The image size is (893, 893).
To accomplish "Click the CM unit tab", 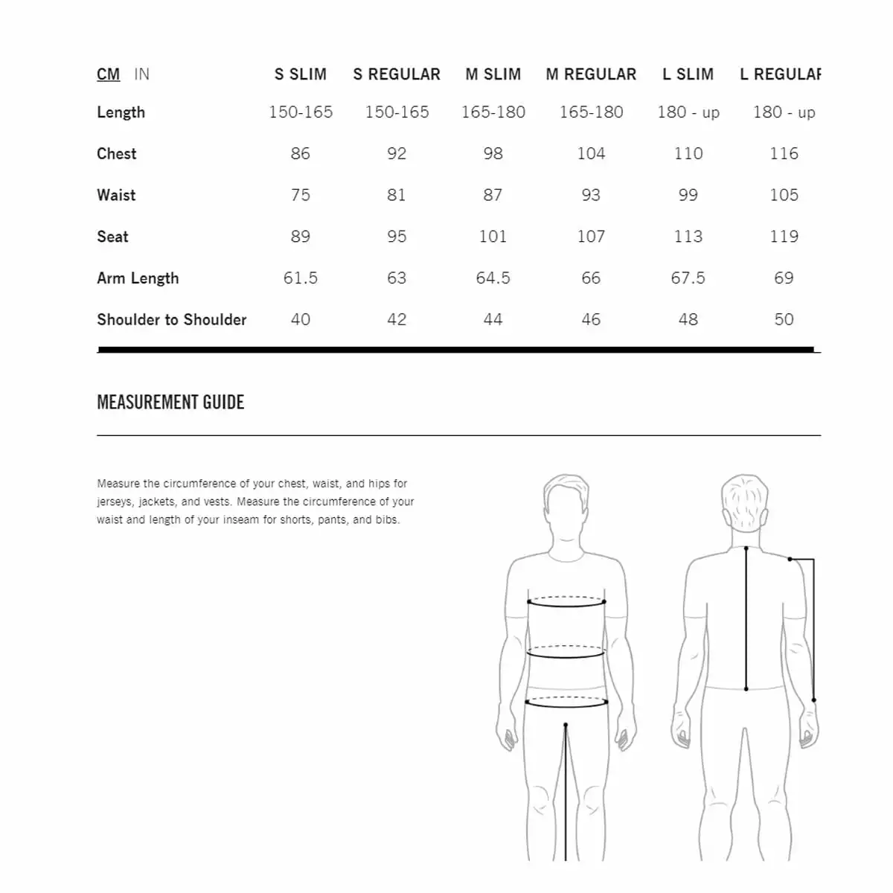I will point(108,74).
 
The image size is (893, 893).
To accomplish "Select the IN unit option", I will point(141,74).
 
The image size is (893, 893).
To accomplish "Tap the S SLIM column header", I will point(300,74).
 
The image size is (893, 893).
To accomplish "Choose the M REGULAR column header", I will point(591,74).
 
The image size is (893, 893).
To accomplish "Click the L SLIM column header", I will point(688,74).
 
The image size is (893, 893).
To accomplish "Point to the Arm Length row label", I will point(138,278).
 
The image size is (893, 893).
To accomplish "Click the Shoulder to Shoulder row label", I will point(171,320).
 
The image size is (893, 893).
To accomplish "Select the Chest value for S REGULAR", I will point(397,154).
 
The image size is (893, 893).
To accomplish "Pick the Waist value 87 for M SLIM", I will point(493,195).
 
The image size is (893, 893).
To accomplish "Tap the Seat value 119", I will point(784,237).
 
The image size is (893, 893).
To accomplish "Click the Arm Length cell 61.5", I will point(300,278).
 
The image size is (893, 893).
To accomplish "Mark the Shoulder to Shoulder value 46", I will point(591,320).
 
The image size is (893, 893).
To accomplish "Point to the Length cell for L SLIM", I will point(688,112).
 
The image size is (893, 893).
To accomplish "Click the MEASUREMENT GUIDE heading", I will point(170,403).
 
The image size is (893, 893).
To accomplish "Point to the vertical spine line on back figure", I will point(746,618).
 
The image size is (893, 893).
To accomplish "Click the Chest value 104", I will point(591,154).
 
